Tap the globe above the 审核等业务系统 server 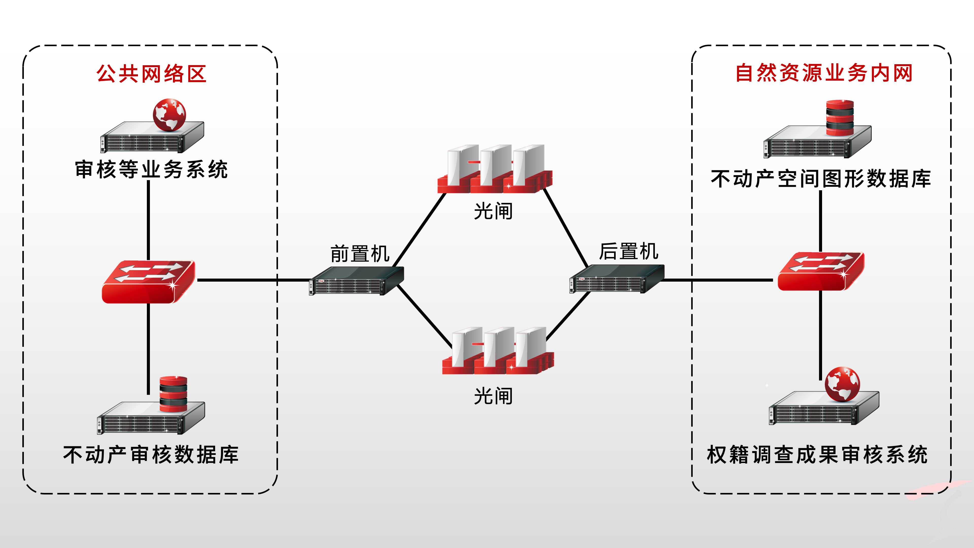[169, 115]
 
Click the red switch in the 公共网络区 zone [148, 282]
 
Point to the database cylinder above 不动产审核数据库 [173, 394]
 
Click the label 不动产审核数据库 [151, 455]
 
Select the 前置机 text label [360, 253]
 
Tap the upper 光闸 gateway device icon [495, 169]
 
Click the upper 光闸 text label [493, 211]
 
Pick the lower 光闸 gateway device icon [498, 351]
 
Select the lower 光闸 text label [493, 396]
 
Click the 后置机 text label [629, 251]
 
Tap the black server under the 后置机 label [616, 279]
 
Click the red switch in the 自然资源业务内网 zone [821, 271]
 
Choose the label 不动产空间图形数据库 [821, 179]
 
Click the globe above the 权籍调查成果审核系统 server [842, 384]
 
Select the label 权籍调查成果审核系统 [817, 455]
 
